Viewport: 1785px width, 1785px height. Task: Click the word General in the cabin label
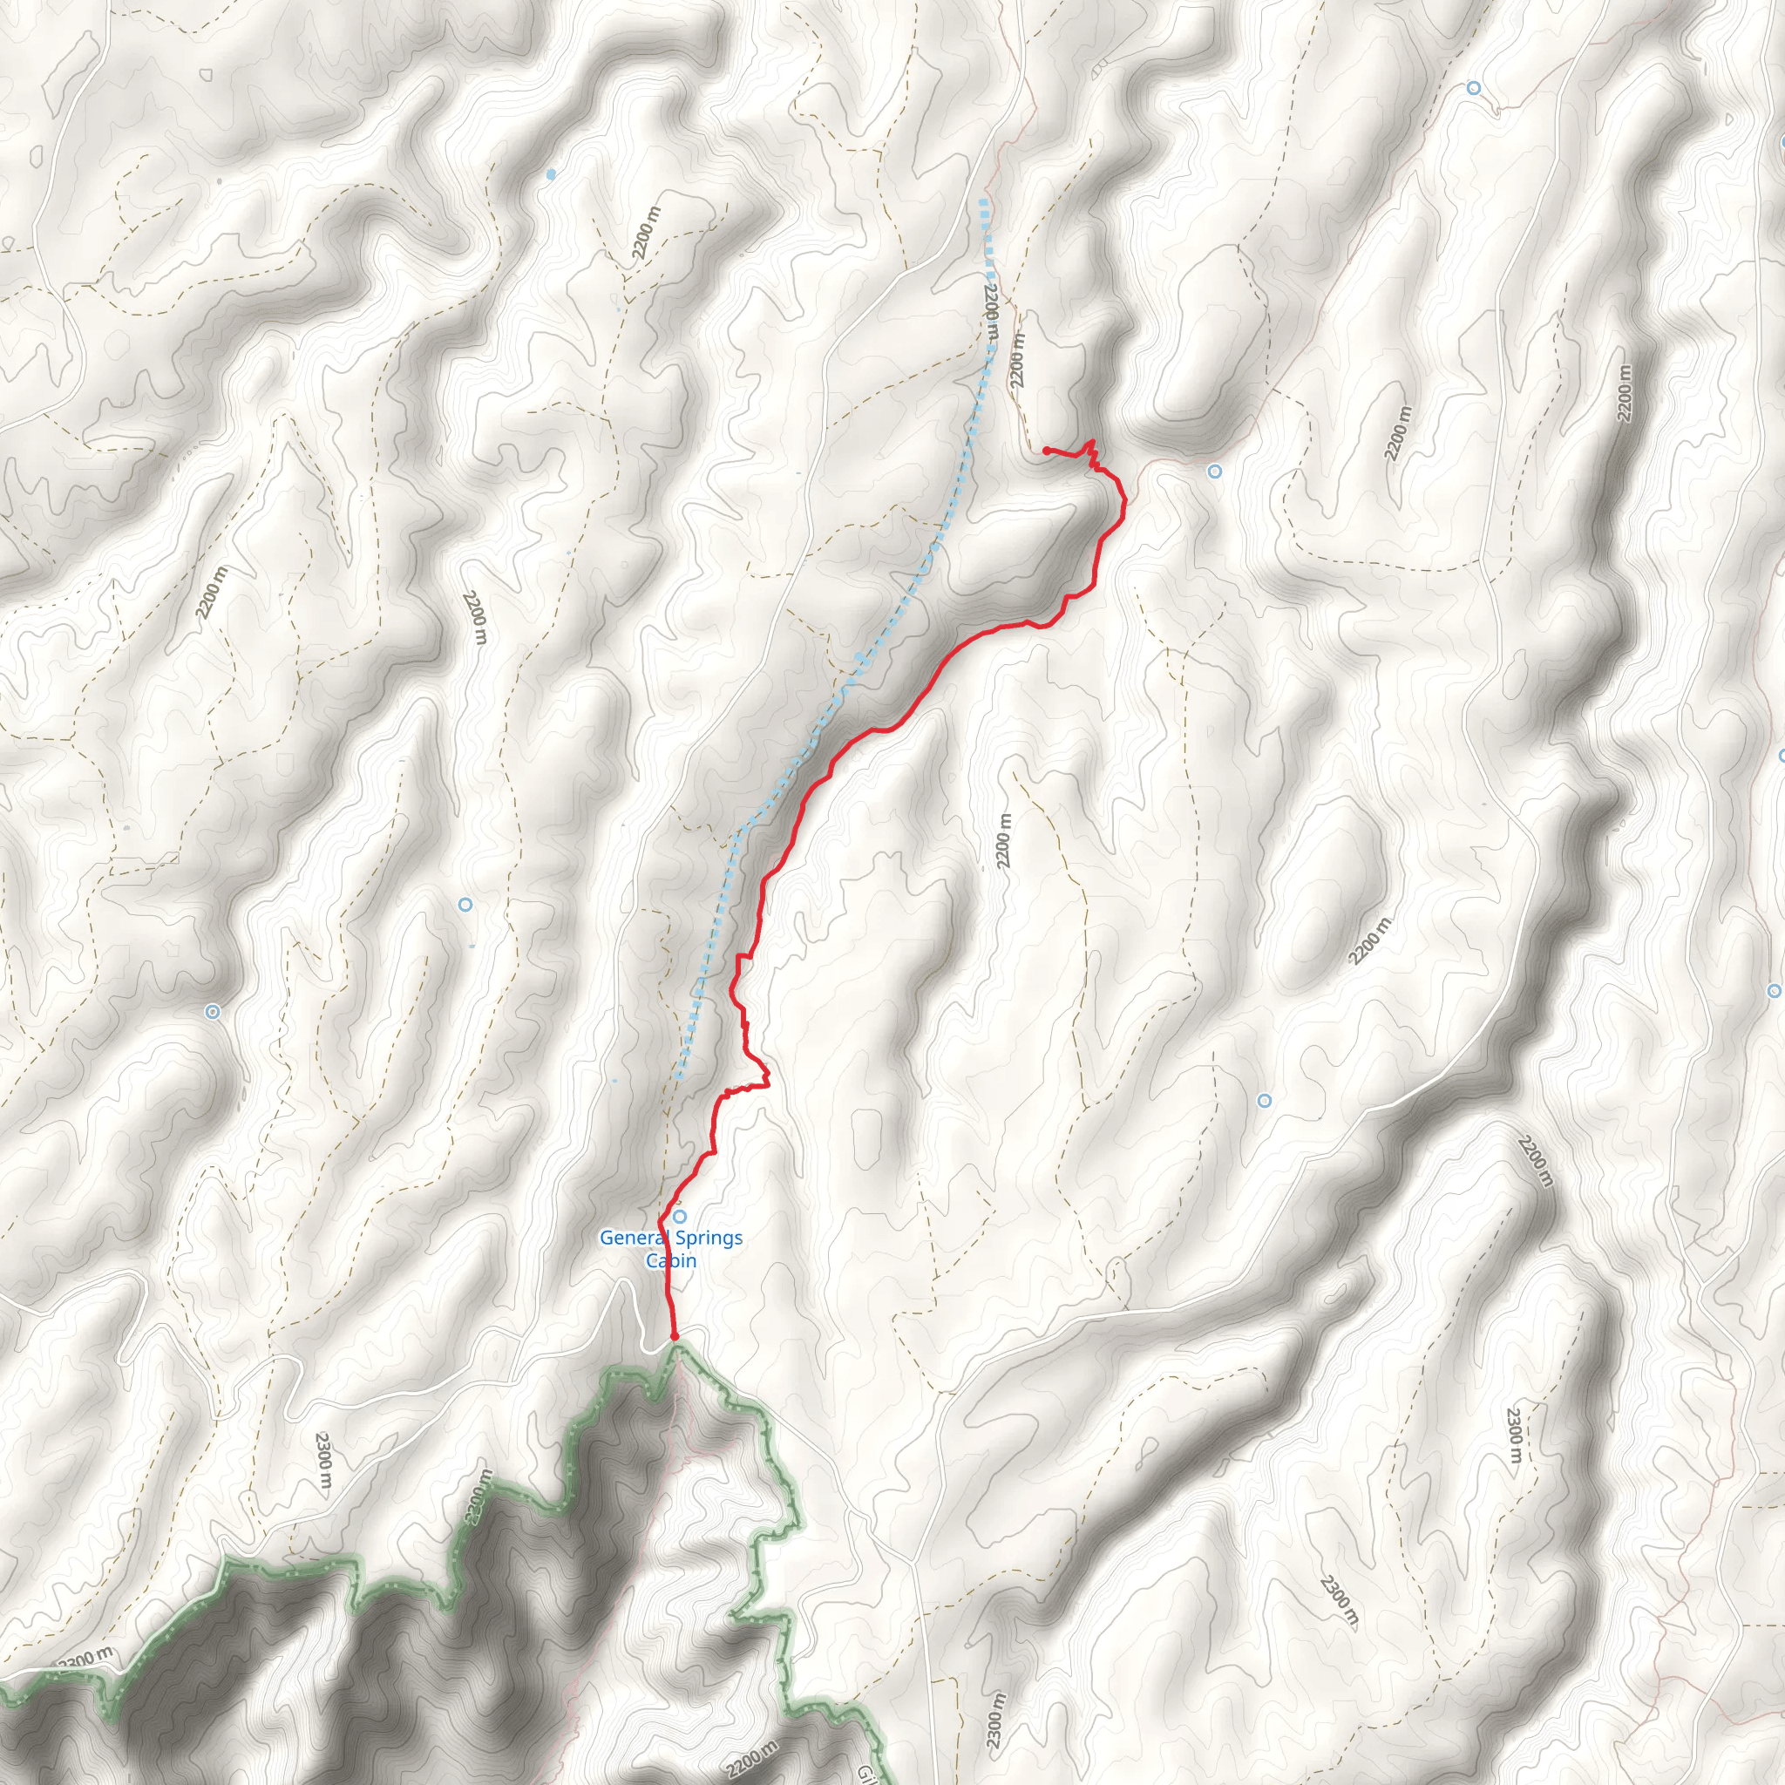click(x=635, y=1237)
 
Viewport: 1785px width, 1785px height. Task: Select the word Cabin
click(x=671, y=1260)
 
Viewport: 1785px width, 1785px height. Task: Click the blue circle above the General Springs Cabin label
click(x=680, y=1216)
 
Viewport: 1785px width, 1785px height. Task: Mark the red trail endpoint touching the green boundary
click(x=675, y=1336)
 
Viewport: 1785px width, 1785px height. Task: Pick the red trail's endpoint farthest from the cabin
click(x=1045, y=450)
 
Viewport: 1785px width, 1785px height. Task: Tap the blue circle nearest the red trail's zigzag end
click(x=1215, y=472)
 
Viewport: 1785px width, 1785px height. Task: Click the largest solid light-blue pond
click(x=552, y=173)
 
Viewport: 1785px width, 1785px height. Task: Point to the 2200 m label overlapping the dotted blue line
click(x=990, y=315)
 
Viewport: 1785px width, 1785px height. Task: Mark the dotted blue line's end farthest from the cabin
click(x=983, y=201)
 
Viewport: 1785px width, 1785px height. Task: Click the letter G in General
click(x=607, y=1237)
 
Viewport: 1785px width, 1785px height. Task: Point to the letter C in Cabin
click(x=652, y=1260)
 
